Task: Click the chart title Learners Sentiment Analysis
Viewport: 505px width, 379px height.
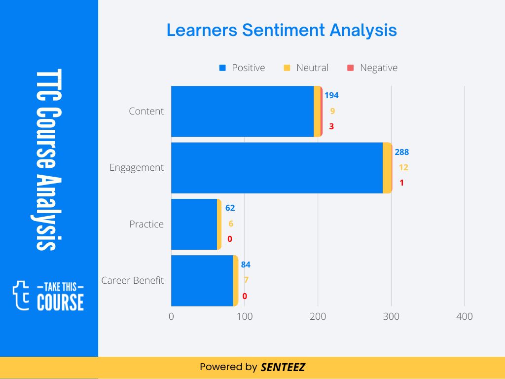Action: click(282, 30)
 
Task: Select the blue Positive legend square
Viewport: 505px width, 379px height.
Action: click(222, 68)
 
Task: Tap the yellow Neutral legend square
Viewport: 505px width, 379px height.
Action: click(287, 68)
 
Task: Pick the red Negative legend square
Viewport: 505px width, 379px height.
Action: click(351, 68)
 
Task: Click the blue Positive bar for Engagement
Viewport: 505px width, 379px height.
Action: click(277, 168)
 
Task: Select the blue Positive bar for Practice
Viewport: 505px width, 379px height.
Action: click(194, 224)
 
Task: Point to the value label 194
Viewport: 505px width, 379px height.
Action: click(331, 95)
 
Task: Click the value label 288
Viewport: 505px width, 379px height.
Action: click(401, 152)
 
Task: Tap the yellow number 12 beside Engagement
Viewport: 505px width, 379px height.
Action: click(403, 167)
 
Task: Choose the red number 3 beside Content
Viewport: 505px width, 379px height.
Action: click(331, 126)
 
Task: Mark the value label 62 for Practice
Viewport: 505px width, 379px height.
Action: click(230, 208)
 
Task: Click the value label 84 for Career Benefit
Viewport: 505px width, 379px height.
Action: click(246, 265)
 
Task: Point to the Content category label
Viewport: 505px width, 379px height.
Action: click(146, 111)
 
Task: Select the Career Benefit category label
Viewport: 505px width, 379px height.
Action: click(132, 280)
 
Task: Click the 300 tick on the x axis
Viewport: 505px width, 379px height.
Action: click(391, 316)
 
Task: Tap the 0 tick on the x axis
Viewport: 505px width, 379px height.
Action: click(171, 316)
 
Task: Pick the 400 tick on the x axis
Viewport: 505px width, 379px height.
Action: click(465, 316)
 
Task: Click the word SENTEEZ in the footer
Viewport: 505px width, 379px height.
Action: click(283, 367)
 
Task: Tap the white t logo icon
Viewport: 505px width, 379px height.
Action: click(21, 295)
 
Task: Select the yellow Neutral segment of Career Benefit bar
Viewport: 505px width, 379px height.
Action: click(236, 280)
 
